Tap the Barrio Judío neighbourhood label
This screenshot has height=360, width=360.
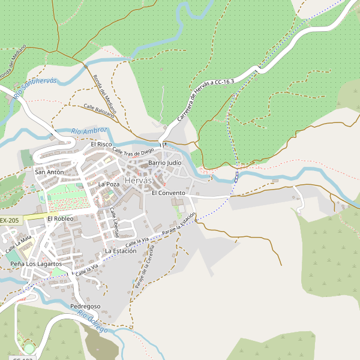(x=165, y=163)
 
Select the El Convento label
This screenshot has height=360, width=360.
(x=169, y=193)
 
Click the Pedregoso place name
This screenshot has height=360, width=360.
(x=85, y=307)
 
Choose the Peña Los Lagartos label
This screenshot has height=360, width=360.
(x=36, y=264)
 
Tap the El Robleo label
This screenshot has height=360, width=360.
(x=60, y=219)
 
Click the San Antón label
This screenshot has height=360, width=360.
(x=49, y=172)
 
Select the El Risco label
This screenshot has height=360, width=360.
(x=101, y=145)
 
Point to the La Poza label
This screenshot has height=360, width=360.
(x=109, y=184)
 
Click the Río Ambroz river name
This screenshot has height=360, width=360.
(x=89, y=131)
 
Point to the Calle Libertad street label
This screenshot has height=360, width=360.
(x=114, y=222)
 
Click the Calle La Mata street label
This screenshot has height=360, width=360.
(x=18, y=244)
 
